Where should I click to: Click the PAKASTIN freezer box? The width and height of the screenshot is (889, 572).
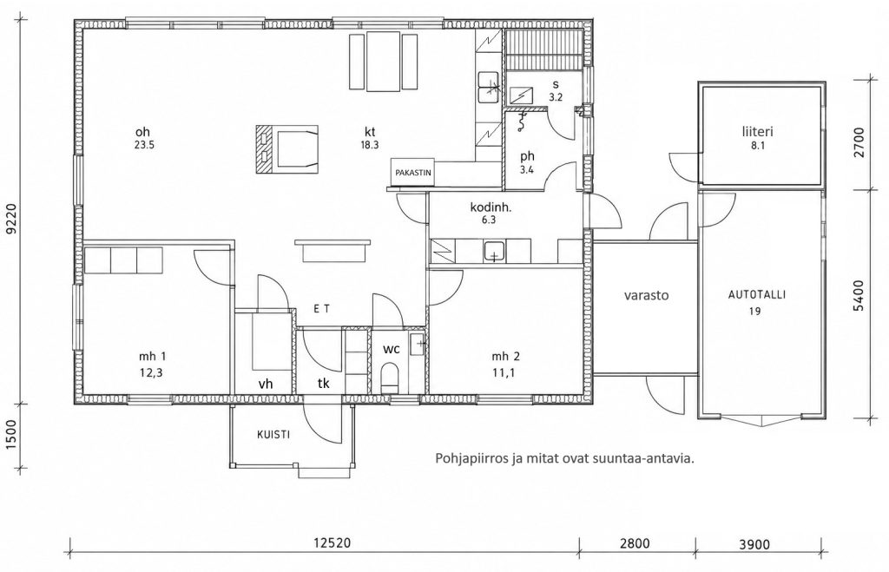pyautogui.click(x=413, y=172)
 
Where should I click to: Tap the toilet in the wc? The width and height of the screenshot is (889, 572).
pyautogui.click(x=390, y=378)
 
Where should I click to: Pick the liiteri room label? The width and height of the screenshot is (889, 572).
pyautogui.click(x=757, y=132)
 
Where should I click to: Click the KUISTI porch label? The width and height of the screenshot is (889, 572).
pyautogui.click(x=273, y=435)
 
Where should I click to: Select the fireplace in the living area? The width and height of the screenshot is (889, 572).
pyautogui.click(x=287, y=148)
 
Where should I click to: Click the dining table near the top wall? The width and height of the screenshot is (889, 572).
pyautogui.click(x=384, y=62)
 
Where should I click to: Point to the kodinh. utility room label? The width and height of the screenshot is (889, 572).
pyautogui.click(x=491, y=207)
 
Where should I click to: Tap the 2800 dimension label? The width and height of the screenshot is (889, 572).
pyautogui.click(x=635, y=543)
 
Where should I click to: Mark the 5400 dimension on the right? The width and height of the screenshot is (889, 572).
pyautogui.click(x=859, y=295)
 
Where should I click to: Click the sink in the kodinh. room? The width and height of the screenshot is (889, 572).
pyautogui.click(x=495, y=251)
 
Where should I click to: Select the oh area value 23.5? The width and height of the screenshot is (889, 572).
pyautogui.click(x=145, y=145)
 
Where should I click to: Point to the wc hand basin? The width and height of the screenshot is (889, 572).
pyautogui.click(x=418, y=343)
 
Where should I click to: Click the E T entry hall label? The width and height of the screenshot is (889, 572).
pyautogui.click(x=321, y=309)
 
